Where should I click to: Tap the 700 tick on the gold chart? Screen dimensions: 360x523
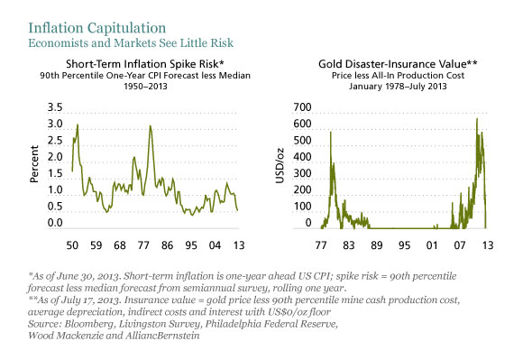click(x=300, y=107)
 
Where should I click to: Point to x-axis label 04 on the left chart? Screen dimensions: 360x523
click(x=219, y=245)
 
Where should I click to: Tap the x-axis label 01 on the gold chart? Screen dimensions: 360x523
click(x=433, y=245)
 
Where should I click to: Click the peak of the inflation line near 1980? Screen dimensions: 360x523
click(x=151, y=126)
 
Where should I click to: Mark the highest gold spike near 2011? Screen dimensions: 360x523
click(x=477, y=119)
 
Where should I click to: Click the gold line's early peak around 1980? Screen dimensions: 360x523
click(x=331, y=133)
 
